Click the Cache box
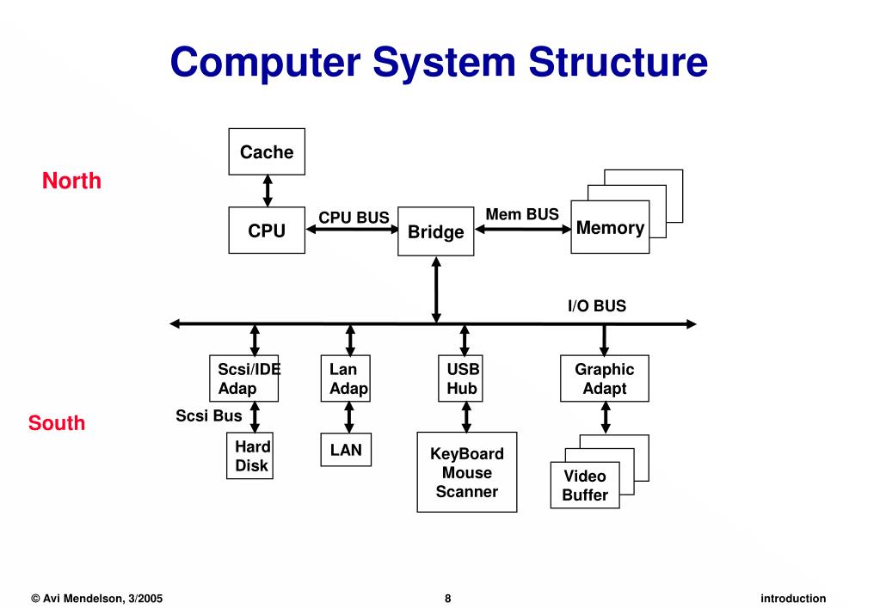[267, 151]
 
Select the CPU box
[267, 230]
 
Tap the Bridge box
[436, 231]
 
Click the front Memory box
[610, 228]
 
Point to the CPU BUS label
[354, 218]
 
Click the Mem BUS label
[522, 214]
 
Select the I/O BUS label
[596, 305]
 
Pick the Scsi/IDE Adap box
[243, 378]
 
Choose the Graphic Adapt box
[605, 378]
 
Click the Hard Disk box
[250, 457]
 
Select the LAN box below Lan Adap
[346, 450]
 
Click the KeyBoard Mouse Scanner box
[466, 472]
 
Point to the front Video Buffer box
[585, 485]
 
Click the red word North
[71, 181]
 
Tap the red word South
[57, 423]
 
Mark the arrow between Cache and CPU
[268, 190]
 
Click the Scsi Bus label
[209, 416]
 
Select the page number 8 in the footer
[448, 599]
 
